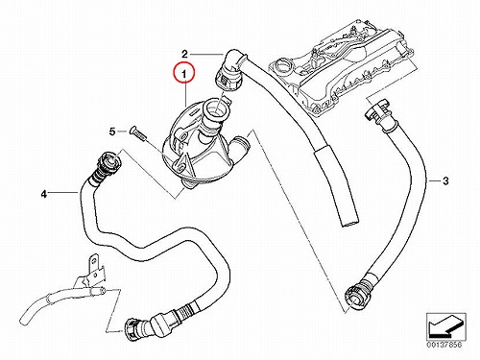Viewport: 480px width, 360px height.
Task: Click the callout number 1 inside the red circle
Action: (183, 75)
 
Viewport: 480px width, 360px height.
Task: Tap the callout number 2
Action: (184, 54)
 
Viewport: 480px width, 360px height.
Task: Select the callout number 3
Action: (445, 181)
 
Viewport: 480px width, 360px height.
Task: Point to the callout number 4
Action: (44, 193)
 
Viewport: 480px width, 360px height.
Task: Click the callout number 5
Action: (112, 132)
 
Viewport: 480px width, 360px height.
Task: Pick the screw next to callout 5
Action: (137, 132)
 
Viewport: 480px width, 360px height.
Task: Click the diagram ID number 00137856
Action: (444, 345)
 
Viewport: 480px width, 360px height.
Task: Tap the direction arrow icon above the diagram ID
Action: (444, 325)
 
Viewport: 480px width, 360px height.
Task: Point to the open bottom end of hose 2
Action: (349, 222)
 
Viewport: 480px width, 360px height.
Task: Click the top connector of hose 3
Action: (380, 115)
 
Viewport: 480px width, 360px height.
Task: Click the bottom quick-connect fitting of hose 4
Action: (136, 328)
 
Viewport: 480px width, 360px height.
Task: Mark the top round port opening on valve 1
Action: (215, 108)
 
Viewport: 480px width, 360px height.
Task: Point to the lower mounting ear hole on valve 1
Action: (180, 165)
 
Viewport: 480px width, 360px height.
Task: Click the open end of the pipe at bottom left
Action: (102, 291)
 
